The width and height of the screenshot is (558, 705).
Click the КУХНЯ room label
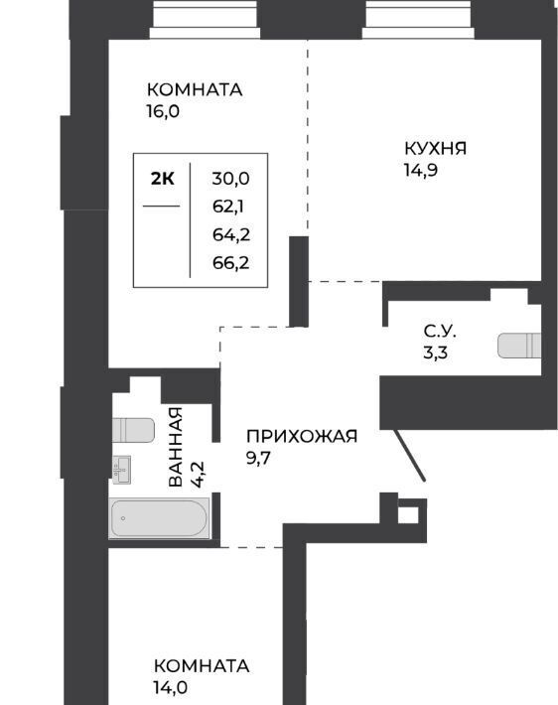(435, 148)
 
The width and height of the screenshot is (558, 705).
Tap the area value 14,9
(421, 171)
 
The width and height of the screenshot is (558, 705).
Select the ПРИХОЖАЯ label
(302, 436)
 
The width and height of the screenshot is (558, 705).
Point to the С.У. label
(440, 332)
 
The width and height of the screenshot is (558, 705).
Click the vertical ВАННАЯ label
(176, 447)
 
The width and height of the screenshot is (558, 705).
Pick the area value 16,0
(163, 111)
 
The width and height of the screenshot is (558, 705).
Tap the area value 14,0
(171, 687)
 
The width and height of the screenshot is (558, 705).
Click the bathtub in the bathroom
(160, 518)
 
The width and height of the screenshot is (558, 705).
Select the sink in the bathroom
(121, 470)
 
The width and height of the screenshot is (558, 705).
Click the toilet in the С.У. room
(519, 346)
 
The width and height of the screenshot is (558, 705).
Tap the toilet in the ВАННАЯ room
(133, 430)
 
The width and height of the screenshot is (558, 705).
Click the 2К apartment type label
(162, 179)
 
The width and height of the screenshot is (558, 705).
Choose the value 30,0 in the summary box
(230, 179)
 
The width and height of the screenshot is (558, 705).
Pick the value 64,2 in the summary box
(231, 234)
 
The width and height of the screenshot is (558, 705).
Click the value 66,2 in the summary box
(230, 262)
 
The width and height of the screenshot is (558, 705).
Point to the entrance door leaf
(410, 456)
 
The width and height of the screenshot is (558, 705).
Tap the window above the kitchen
(418, 19)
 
